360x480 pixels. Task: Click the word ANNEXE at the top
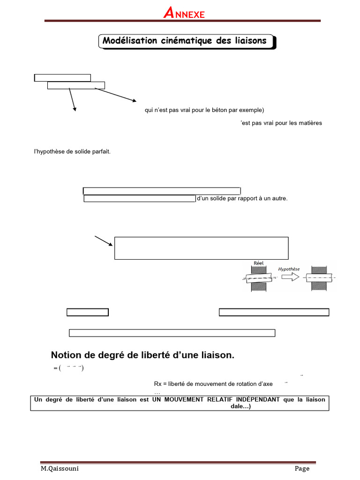click(x=184, y=14)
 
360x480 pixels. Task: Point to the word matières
click(x=310, y=123)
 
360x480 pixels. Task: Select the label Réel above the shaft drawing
click(x=258, y=263)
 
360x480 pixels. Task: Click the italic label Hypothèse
click(x=289, y=269)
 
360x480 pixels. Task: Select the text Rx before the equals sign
click(x=157, y=384)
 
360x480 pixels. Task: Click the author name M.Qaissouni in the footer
click(x=57, y=469)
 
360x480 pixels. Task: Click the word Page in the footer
click(x=302, y=469)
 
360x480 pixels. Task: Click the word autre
click(x=278, y=199)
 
